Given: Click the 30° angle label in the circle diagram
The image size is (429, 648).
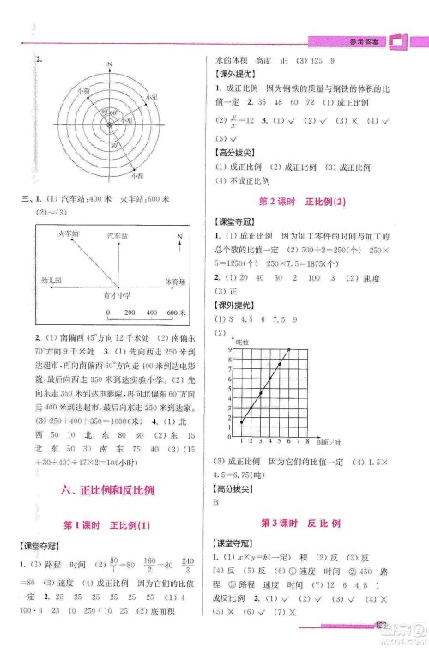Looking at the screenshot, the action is [114, 147].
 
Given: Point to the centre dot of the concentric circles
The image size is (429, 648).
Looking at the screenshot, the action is [110, 126].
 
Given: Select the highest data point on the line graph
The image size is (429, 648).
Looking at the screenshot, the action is [288, 350].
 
